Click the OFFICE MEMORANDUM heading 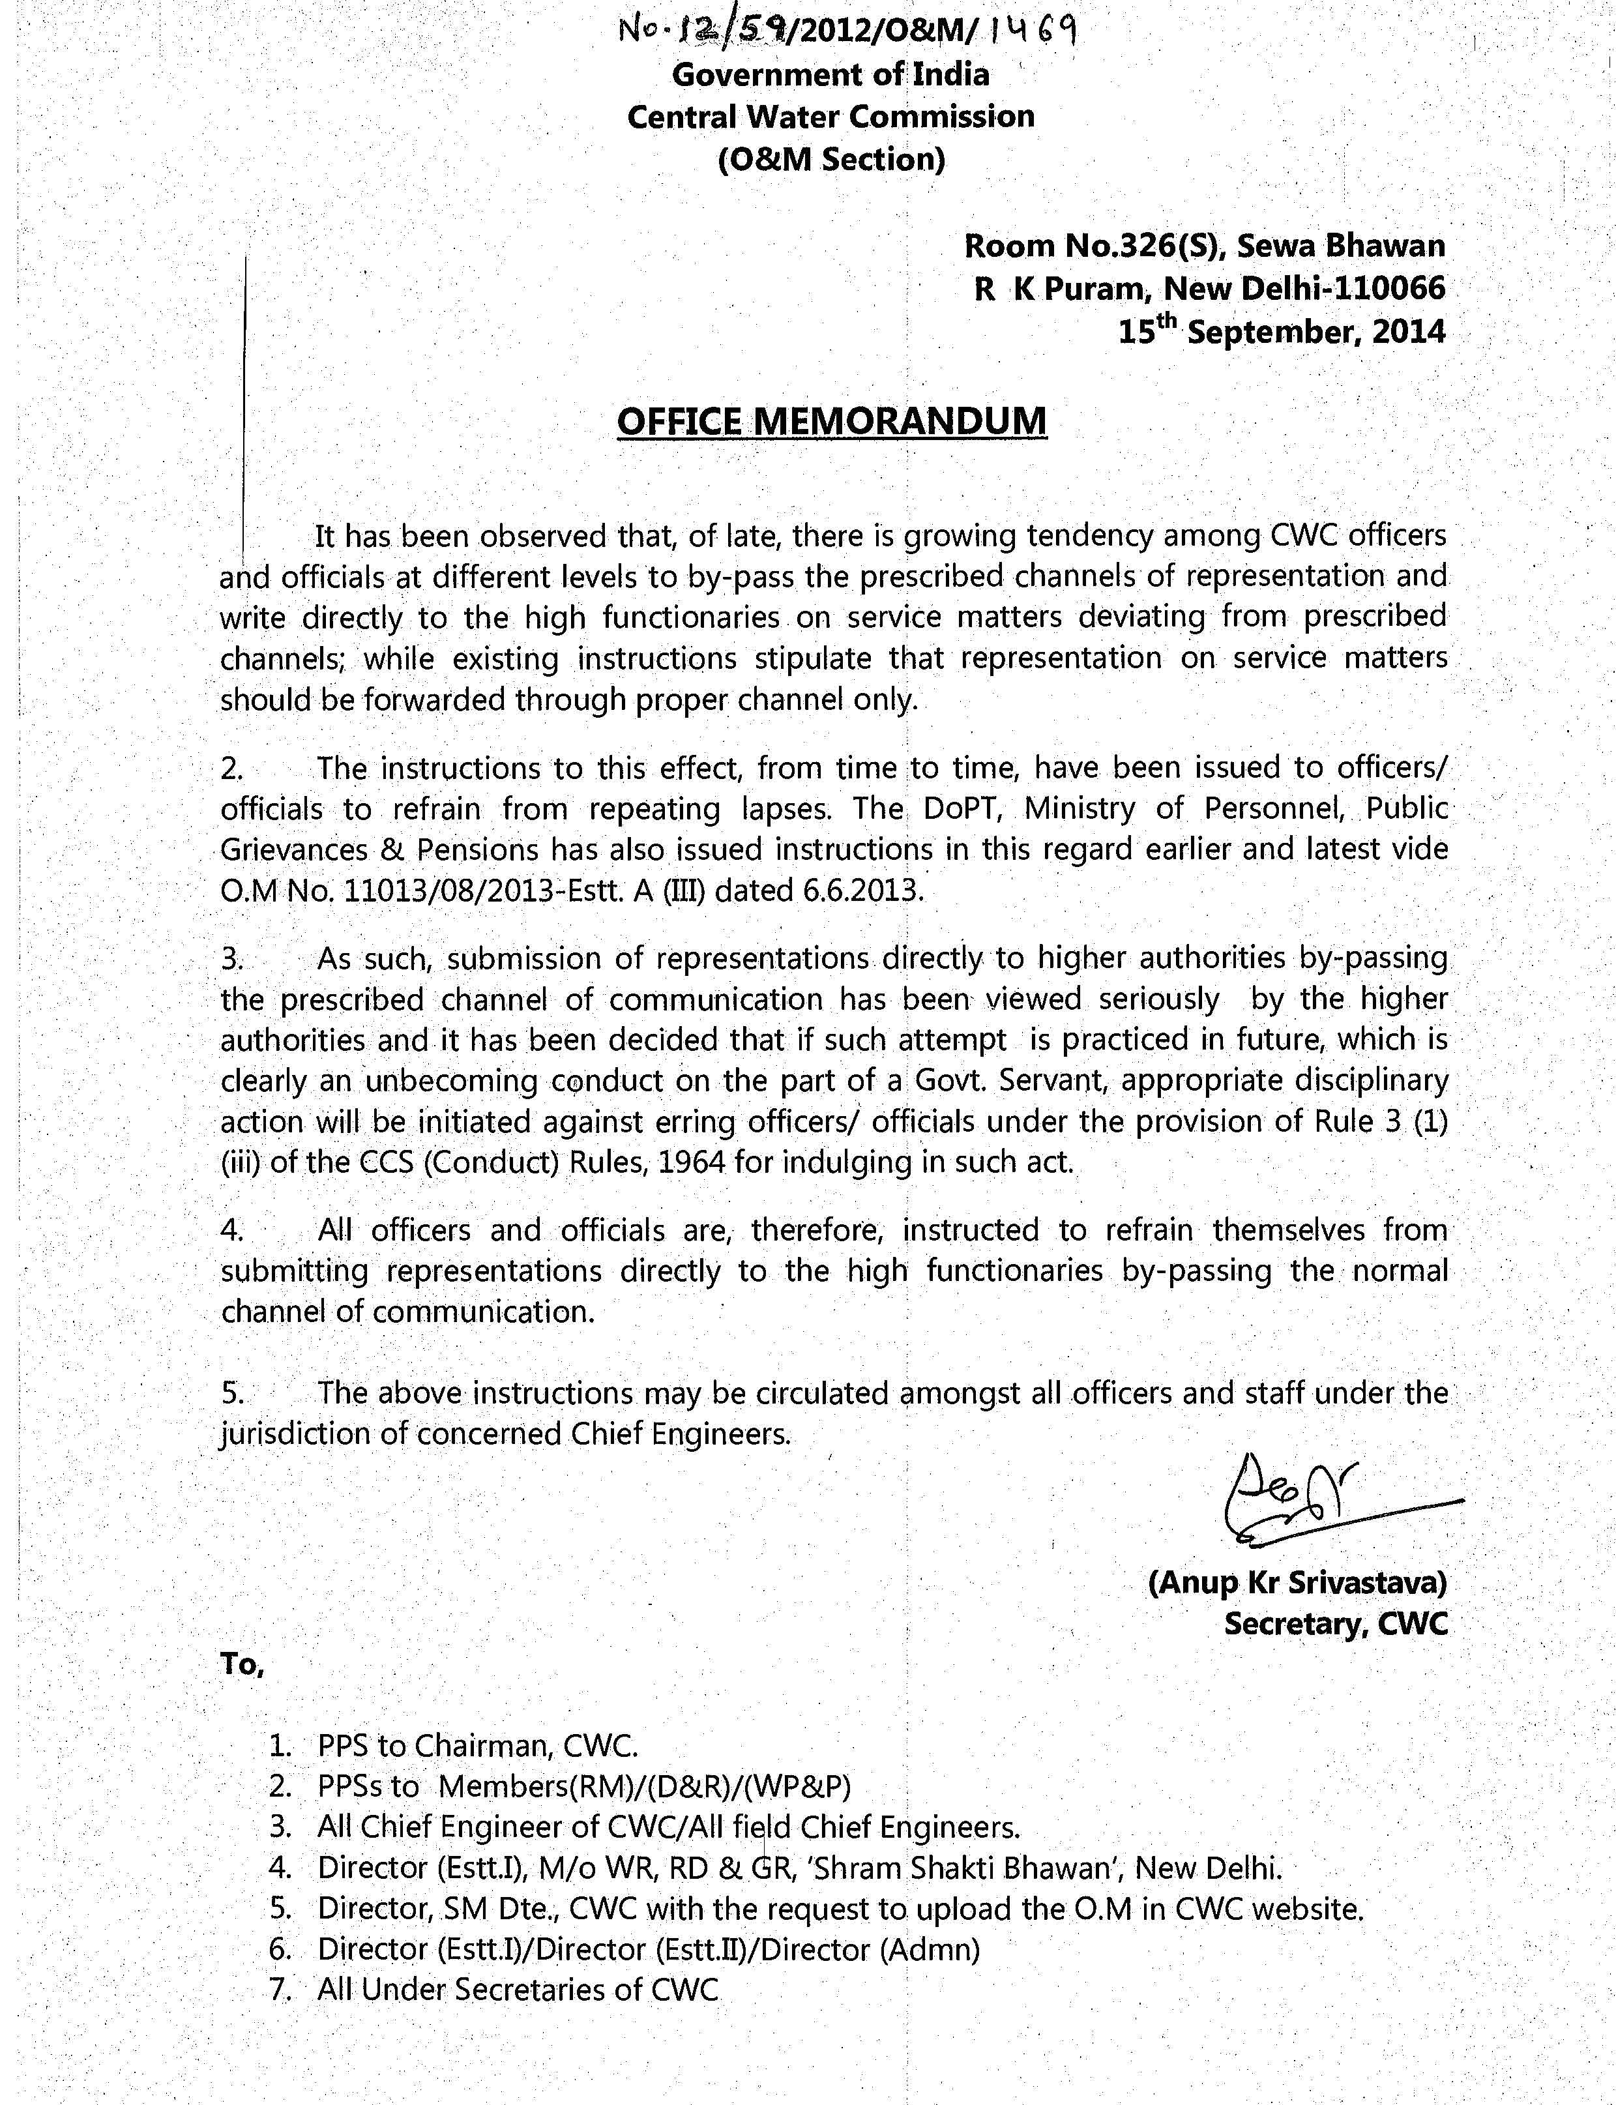click(x=831, y=421)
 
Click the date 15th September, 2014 click(x=1281, y=332)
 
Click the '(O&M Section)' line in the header click(x=831, y=159)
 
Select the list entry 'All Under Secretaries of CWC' click(x=518, y=1990)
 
